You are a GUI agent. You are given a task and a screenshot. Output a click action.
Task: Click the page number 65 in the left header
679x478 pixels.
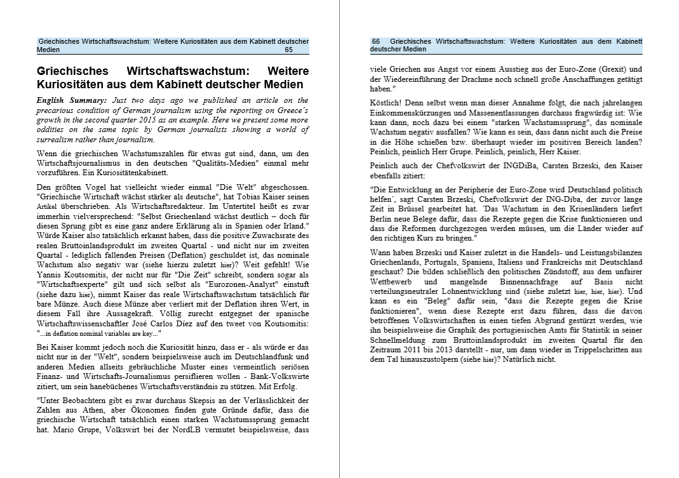pyautogui.click(x=288, y=50)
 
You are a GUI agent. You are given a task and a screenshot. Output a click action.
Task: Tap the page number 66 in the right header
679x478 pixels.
pyautogui.click(x=376, y=41)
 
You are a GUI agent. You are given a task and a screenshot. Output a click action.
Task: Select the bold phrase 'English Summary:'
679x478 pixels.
pyautogui.click(x=72, y=100)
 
